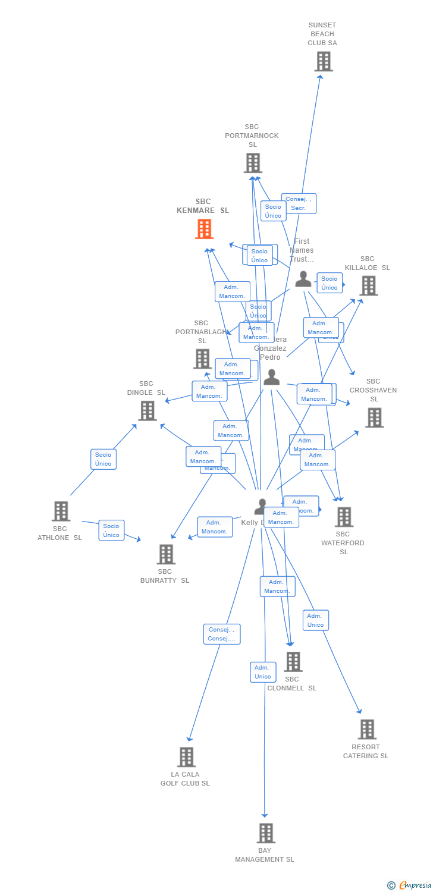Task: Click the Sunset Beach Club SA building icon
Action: pos(324,61)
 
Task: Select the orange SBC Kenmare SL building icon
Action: pos(204,229)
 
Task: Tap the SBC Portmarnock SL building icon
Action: pos(253,163)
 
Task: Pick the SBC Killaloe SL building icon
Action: pos(368,286)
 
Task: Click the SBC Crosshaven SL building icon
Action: pos(374,417)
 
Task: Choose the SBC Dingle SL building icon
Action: pos(147,410)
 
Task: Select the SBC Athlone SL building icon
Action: pos(61,511)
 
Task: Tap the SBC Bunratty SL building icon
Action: pos(166,554)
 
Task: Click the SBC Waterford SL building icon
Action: pos(344,517)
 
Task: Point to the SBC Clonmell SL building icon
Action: pos(293,661)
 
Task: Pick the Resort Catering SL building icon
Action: pos(367,729)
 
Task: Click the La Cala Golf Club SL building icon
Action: pos(186,757)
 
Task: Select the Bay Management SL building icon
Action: pos(266,833)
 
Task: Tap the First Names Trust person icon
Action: pos(303,279)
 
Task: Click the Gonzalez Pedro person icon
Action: pos(272,377)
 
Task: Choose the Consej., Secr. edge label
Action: pos(299,203)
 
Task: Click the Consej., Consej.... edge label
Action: pos(222,634)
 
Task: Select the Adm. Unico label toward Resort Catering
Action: pos(315,620)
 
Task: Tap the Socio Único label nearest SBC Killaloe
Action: pos(330,283)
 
